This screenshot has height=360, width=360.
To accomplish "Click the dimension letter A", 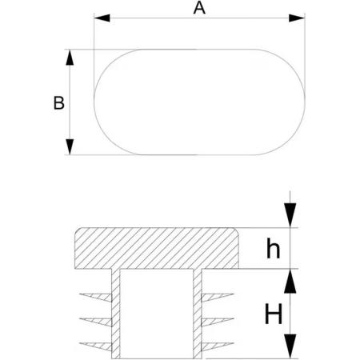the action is pos(199,8).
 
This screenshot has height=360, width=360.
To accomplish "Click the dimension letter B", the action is pos(59,103).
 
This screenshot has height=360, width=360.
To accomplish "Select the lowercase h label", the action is pos(274,248).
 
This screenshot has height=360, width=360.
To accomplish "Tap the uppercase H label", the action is pos(274,314).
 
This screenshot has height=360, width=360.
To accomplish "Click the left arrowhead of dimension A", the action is pos(102,18).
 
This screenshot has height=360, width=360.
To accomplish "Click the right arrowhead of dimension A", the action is pos(297,18).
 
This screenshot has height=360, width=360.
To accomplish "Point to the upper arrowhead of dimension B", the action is pos(70,58).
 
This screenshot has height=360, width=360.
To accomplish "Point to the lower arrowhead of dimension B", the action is pos(70,146).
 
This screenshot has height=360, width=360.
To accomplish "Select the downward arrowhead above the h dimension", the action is pos(290,215).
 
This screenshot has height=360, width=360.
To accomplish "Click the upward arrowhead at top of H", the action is pos(290,281).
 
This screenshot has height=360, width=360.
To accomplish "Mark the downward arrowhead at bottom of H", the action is pos(290,346).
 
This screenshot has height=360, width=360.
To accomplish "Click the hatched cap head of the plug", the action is pos(157,248).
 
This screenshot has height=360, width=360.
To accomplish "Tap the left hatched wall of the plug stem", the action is pos(116,314).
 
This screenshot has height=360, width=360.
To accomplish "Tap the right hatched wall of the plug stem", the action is pos(198,314).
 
